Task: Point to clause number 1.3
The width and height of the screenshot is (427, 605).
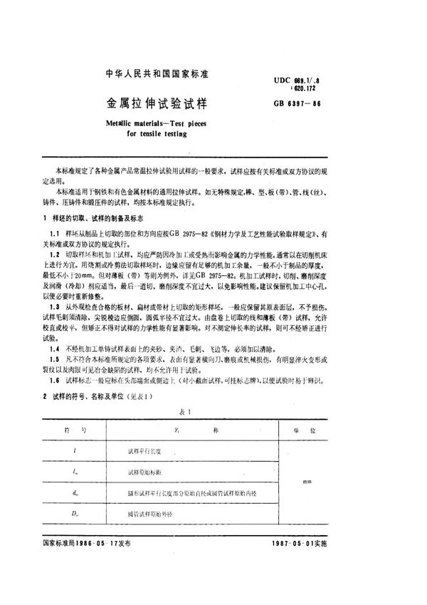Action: pyautogui.click(x=55, y=304)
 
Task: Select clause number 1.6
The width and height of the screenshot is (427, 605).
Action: pyautogui.click(x=55, y=381)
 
